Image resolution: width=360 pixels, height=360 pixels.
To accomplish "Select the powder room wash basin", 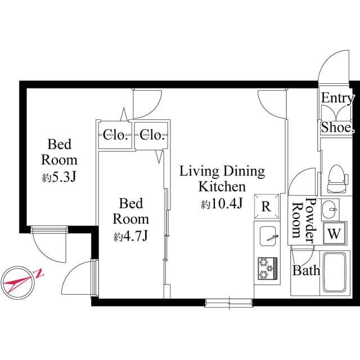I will pyautogui.click(x=330, y=209).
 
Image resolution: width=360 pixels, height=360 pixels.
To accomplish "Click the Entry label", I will pyautogui.click(x=337, y=98).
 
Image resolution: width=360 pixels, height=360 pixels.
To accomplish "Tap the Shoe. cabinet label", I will pyautogui.click(x=337, y=128).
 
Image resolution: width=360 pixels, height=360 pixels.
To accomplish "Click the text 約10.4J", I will pyautogui.click(x=222, y=204).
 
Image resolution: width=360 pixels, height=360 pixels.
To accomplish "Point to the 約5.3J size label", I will pyautogui.click(x=59, y=177).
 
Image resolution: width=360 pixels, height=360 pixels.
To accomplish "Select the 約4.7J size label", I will pyautogui.click(x=130, y=236).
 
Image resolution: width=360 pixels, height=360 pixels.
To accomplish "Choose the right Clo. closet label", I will pyautogui.click(x=152, y=135).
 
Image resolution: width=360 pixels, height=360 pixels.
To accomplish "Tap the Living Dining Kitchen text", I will pyautogui.click(x=222, y=178).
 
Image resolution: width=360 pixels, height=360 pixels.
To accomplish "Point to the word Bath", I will pyautogui.click(x=306, y=271).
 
